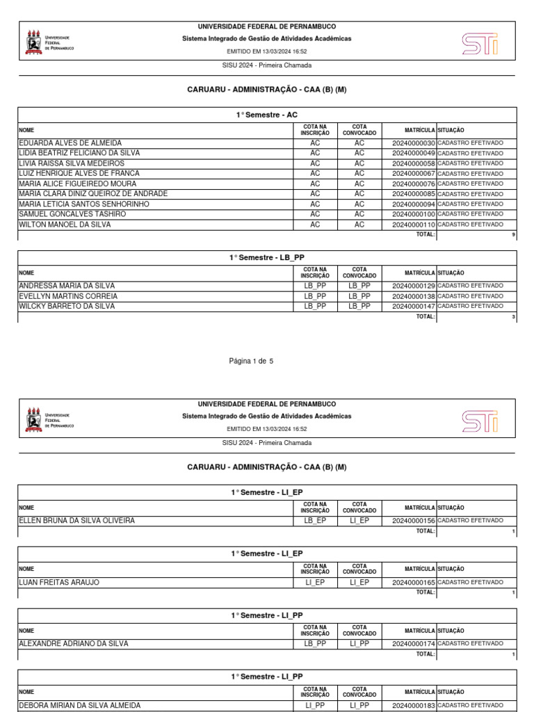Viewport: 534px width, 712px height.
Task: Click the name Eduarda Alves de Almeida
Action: click(70, 143)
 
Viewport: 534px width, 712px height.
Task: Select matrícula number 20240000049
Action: click(413, 153)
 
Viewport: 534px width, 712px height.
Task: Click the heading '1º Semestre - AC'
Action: click(267, 115)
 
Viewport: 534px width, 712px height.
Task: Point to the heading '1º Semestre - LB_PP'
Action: click(267, 258)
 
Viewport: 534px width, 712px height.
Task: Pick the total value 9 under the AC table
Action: click(513, 235)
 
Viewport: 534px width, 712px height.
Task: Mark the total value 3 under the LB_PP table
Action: click(513, 317)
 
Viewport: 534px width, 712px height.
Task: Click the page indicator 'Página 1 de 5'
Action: click(251, 362)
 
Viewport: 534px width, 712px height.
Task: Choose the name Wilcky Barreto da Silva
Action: click(67, 307)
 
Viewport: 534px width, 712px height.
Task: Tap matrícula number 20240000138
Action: click(413, 296)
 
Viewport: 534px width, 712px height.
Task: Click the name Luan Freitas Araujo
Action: click(58, 583)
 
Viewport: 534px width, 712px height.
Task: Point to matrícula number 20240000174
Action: click(413, 644)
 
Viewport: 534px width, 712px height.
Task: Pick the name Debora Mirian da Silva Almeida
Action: click(79, 705)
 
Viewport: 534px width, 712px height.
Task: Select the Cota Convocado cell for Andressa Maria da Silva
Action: click(359, 286)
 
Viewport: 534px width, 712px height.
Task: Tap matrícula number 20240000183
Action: click(413, 705)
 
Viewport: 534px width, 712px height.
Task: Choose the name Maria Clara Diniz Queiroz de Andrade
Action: click(93, 194)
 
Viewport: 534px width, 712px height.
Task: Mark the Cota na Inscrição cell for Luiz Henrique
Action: click(315, 174)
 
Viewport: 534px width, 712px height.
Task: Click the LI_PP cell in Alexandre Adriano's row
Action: click(359, 644)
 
